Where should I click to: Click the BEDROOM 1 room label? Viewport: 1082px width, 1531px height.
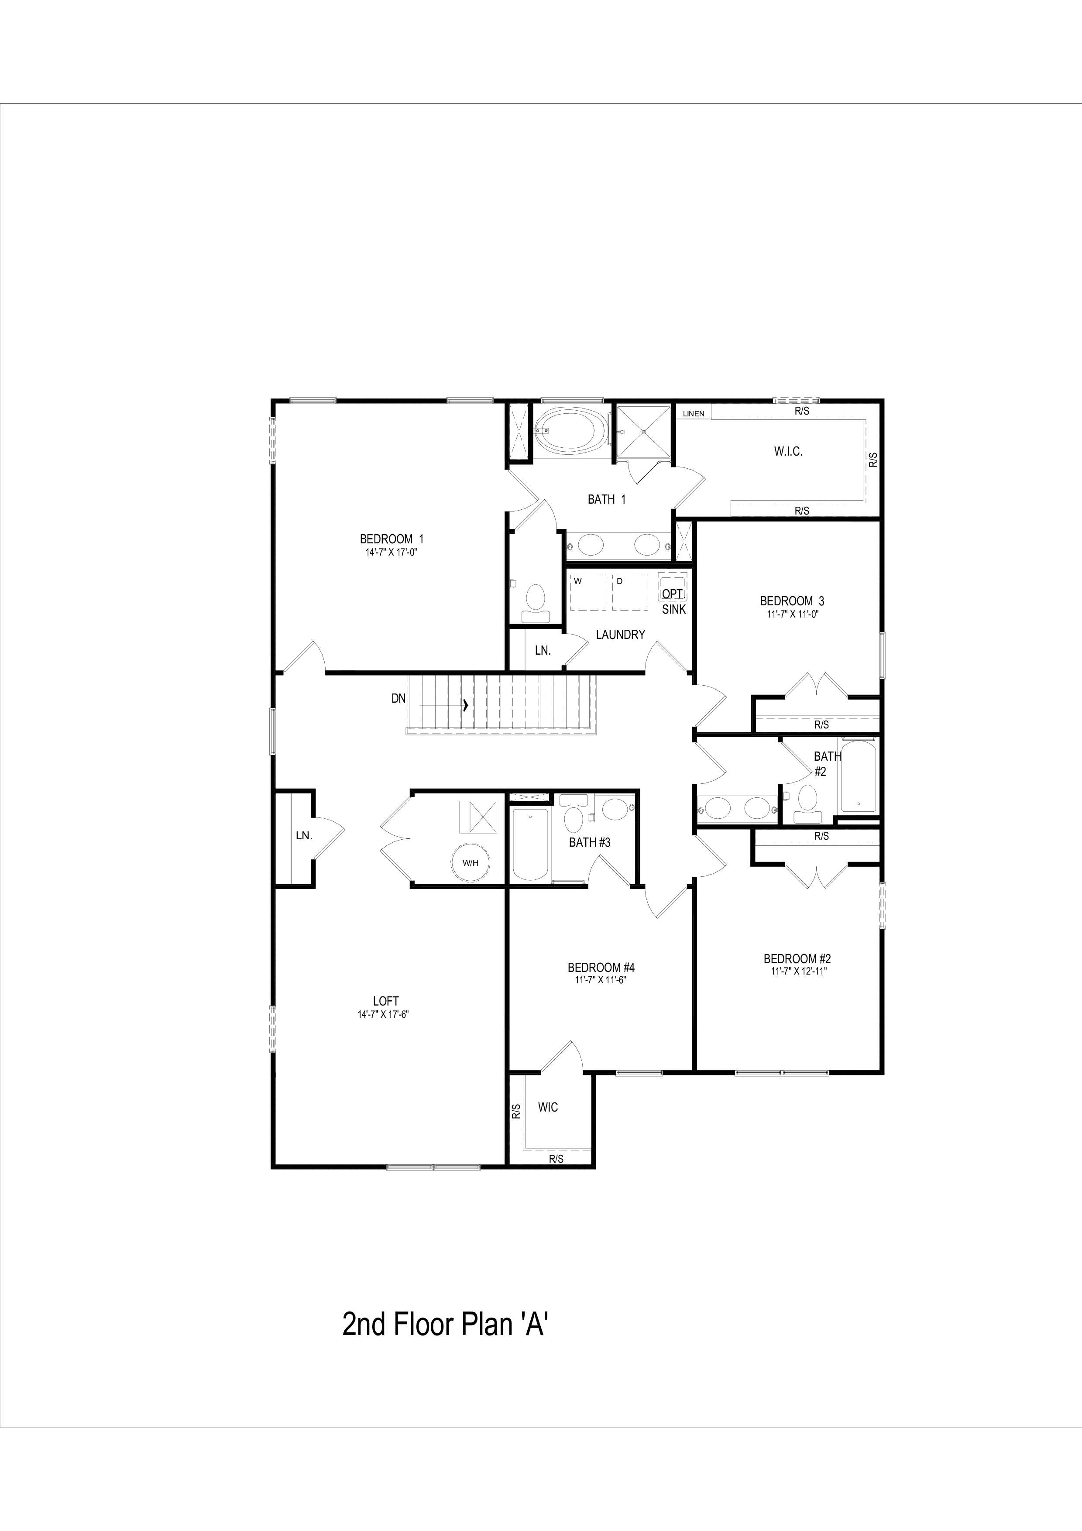coord(392,539)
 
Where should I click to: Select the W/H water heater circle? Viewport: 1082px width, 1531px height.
coord(471,863)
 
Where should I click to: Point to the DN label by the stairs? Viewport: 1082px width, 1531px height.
coord(398,699)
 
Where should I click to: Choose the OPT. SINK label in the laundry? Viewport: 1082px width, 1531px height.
coord(673,601)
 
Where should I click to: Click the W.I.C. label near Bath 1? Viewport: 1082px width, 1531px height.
coord(788,451)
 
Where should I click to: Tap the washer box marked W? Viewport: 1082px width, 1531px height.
coord(588,592)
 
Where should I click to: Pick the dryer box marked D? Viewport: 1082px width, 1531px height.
coord(630,592)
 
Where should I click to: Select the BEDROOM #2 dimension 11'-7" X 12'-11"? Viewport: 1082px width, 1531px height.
coord(797,971)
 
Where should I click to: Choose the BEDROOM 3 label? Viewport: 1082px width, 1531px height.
coord(792,601)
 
